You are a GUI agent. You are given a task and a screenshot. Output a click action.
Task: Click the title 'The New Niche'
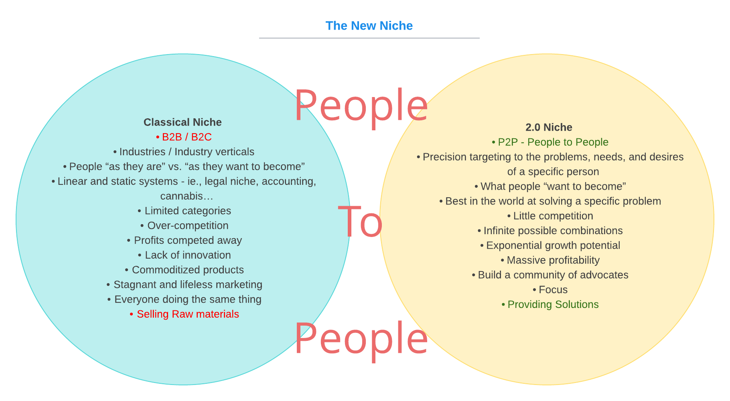coord(369,26)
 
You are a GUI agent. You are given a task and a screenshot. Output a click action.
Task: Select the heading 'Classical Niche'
coord(182,122)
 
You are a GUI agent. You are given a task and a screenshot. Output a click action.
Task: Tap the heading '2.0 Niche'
coord(549,128)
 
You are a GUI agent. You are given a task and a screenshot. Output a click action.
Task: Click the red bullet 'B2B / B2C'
coord(184,137)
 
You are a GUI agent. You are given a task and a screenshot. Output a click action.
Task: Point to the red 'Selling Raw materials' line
coord(185,314)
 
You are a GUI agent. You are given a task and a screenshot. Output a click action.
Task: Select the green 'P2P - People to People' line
coord(550,142)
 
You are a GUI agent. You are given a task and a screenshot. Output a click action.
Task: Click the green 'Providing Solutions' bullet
coord(550,304)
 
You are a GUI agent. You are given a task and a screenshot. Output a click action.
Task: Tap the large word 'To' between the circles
coord(360,222)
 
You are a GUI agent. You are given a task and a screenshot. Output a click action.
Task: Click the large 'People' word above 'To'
coord(361,105)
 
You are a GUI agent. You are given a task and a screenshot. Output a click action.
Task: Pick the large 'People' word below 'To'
coord(361,338)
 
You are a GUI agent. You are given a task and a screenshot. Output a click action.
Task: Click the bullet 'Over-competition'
coord(185,226)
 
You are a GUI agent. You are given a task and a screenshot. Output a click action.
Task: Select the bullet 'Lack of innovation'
coord(185,255)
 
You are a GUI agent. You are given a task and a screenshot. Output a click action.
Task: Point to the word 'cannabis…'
coord(187,196)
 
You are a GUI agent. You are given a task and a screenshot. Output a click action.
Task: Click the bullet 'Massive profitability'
coord(550,260)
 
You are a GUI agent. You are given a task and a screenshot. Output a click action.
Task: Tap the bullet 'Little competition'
coord(550,216)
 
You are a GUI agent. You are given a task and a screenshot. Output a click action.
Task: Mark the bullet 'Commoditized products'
coord(185,270)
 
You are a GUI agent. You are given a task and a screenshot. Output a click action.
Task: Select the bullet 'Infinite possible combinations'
coord(550,231)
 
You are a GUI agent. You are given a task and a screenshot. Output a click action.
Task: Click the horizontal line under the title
coord(369,38)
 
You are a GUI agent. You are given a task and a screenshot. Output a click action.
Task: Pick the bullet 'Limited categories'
coord(185,211)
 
